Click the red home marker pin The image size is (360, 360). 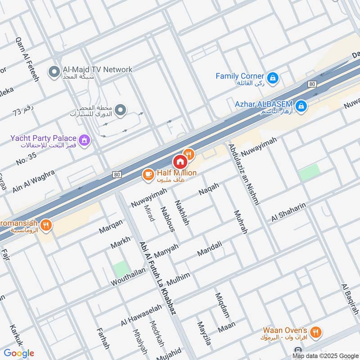point(180,162)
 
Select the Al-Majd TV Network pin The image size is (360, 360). point(54,72)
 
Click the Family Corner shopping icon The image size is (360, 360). point(272,79)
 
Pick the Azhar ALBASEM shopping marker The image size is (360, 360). point(302,107)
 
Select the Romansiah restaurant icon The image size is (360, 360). point(45,225)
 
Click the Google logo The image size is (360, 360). point(19,353)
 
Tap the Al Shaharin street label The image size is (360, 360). point(288,211)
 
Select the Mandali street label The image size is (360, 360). point(209,249)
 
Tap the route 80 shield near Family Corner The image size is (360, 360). point(312,84)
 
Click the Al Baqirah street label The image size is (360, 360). point(350,299)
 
